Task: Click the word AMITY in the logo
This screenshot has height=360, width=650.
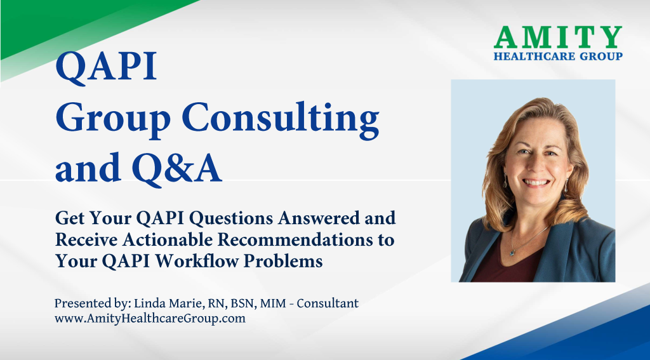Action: coord(558,37)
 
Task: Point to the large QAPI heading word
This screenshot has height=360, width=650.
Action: coord(106,67)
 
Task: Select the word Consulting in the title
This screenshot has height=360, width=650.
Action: coord(281,119)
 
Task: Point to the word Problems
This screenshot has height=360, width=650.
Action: coord(283,261)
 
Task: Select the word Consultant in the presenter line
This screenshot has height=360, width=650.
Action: coord(328,303)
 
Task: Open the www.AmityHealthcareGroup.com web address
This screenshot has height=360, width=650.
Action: coord(150,319)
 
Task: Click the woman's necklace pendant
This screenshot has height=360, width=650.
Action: coord(512,251)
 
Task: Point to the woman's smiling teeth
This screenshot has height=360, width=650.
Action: coord(536,182)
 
